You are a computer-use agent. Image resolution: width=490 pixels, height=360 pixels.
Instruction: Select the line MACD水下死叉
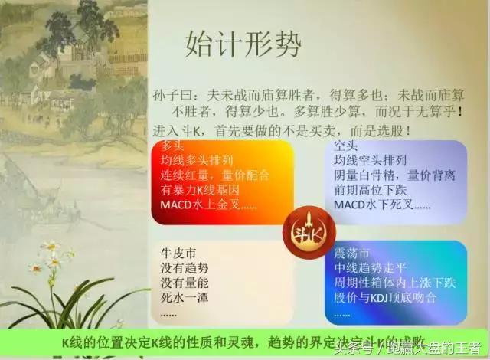coord(382,206)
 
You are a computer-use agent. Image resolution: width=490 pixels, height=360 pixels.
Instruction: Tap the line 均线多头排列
coord(197,161)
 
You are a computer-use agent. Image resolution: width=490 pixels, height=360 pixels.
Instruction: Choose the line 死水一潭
coord(185,298)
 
